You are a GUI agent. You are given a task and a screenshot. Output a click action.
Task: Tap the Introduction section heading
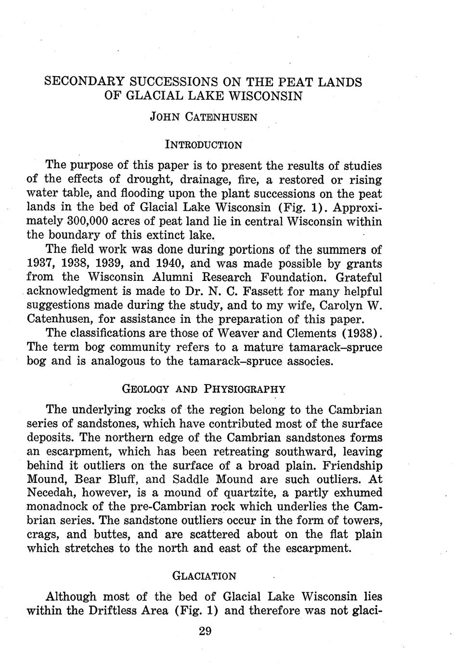pyautogui.click(x=203, y=145)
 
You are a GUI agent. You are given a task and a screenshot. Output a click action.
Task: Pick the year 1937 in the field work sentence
pyautogui.click(x=40, y=264)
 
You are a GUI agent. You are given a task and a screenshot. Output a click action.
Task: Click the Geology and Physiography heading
pyautogui.click(x=204, y=389)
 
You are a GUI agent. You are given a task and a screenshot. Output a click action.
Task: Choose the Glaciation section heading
pyautogui.click(x=204, y=576)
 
